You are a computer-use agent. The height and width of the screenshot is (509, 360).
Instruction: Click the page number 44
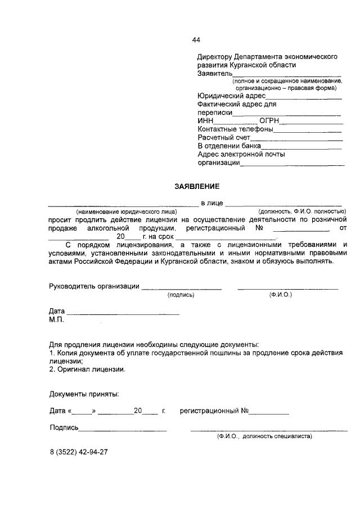[196, 40]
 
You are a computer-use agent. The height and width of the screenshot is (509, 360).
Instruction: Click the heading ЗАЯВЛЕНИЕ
[196, 186]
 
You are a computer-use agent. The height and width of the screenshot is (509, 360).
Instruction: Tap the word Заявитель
[215, 74]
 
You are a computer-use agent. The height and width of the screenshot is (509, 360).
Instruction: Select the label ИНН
[206, 121]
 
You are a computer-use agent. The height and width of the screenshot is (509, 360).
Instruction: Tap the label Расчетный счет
[224, 137]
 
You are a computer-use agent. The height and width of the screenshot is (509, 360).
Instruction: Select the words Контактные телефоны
[235, 129]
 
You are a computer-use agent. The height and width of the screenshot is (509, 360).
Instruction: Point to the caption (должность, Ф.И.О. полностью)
[298, 211]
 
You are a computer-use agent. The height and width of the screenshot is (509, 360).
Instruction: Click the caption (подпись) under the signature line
[181, 294]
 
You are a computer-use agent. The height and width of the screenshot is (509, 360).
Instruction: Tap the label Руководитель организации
[94, 286]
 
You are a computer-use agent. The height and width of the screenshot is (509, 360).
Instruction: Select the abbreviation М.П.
[57, 319]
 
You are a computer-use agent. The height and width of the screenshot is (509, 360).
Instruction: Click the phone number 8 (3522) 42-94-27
[78, 452]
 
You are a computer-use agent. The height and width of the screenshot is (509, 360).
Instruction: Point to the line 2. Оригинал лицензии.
[87, 370]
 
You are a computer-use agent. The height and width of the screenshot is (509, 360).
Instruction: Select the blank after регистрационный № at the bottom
[269, 412]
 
